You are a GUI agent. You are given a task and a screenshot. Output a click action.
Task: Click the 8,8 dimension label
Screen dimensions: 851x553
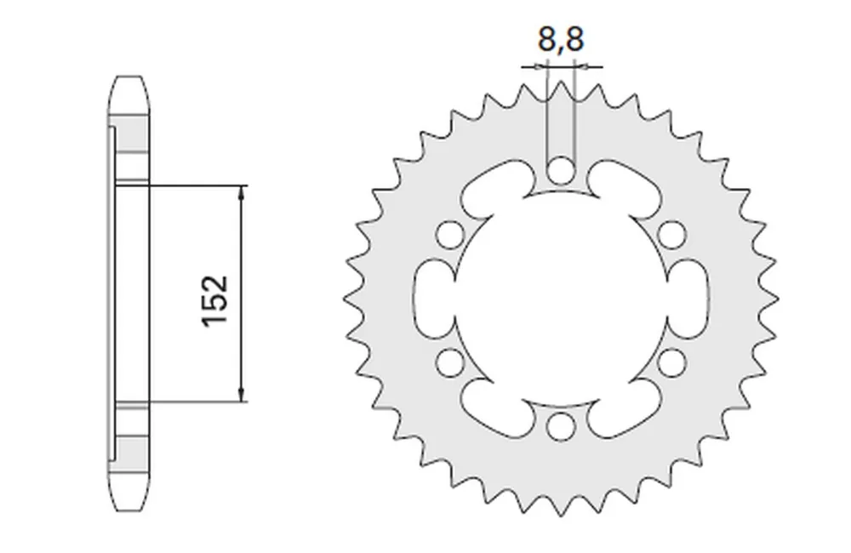click(x=561, y=38)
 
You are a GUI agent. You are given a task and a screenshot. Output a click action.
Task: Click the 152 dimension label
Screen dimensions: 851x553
click(x=215, y=300)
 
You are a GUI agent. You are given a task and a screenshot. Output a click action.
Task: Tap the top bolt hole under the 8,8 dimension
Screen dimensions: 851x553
click(x=561, y=170)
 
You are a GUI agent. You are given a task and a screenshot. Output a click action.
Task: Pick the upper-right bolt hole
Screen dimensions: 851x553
click(x=672, y=235)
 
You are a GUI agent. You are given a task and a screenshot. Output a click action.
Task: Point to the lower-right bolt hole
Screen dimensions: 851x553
click(x=672, y=362)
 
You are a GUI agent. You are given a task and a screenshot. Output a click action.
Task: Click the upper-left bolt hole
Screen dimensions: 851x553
click(x=449, y=235)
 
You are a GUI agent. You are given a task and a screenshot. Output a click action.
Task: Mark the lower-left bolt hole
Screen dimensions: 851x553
click(x=449, y=362)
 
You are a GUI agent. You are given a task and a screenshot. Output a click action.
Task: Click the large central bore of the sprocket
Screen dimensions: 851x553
click(x=561, y=299)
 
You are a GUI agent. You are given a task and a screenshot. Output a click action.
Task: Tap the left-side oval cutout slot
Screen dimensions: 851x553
click(x=433, y=299)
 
